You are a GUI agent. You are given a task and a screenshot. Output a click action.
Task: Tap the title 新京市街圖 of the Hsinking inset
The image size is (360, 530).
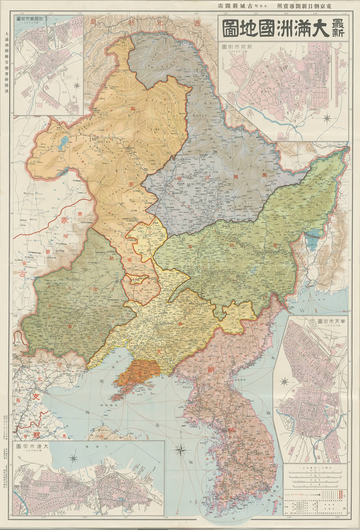241,47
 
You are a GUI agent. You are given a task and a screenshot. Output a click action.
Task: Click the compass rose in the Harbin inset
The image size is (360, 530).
77,85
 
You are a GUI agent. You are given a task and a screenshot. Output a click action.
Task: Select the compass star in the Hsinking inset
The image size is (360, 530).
328,119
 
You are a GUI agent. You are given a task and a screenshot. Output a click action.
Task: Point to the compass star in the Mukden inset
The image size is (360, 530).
284,382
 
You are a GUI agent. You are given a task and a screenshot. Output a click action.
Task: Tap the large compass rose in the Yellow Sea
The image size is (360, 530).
181,449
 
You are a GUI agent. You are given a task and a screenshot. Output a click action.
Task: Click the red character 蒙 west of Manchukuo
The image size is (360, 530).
64,221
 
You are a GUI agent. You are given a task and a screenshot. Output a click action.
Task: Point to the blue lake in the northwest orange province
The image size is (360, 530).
63,143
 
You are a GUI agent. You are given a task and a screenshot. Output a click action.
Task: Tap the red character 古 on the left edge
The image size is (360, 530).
19,272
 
